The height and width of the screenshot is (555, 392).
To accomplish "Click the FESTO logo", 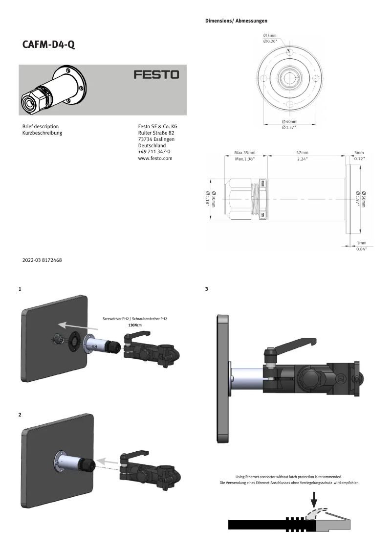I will [x=156, y=75].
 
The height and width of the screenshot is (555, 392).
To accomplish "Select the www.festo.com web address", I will [x=155, y=158].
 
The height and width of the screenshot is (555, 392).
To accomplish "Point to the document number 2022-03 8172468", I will [x=42, y=260].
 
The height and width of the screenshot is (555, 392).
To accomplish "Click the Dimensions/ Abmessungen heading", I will [x=236, y=21].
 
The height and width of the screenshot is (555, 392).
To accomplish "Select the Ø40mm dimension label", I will [x=289, y=121].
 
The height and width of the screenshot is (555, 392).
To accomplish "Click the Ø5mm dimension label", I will [x=270, y=36].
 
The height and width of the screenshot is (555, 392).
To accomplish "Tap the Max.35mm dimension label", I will [x=244, y=153].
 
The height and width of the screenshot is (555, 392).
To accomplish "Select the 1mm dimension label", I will [x=362, y=243].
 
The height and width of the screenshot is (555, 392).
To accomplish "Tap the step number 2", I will [x=20, y=415].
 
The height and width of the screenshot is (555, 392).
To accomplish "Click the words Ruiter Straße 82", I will [x=157, y=133].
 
